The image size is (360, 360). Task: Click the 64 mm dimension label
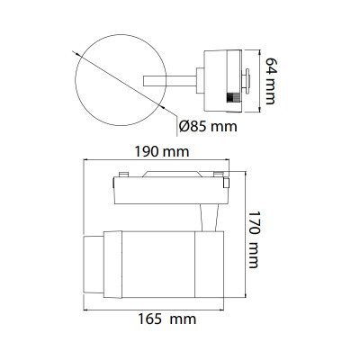pos(271,81)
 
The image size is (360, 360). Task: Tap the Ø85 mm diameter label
pos(208,126)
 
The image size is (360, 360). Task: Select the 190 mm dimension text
pos(161,152)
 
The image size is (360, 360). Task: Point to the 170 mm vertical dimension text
pos(254,239)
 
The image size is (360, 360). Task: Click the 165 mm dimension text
pos(166,319)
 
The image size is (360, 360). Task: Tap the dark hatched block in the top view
pos(233,98)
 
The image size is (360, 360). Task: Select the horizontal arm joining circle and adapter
pos(170,81)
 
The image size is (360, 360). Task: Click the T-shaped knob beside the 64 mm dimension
pos(246,81)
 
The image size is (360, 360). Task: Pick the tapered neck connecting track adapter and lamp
pos(209,218)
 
